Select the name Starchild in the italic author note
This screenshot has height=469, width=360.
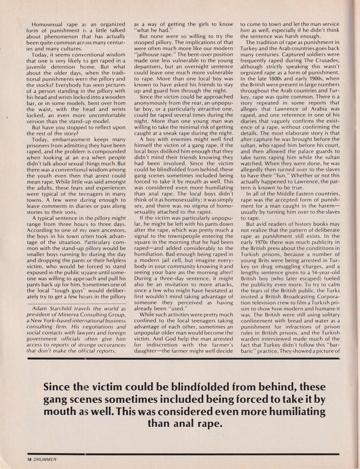tap(64, 309)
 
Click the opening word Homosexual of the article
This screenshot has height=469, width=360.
tap(49, 24)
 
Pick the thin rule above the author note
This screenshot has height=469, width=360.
tap(76, 304)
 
